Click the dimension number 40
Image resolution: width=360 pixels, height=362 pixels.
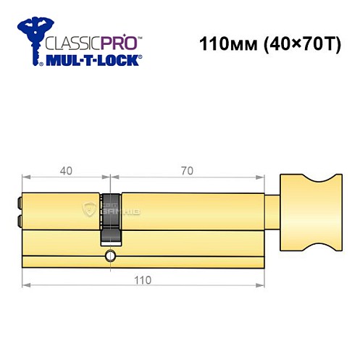[66, 171]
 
